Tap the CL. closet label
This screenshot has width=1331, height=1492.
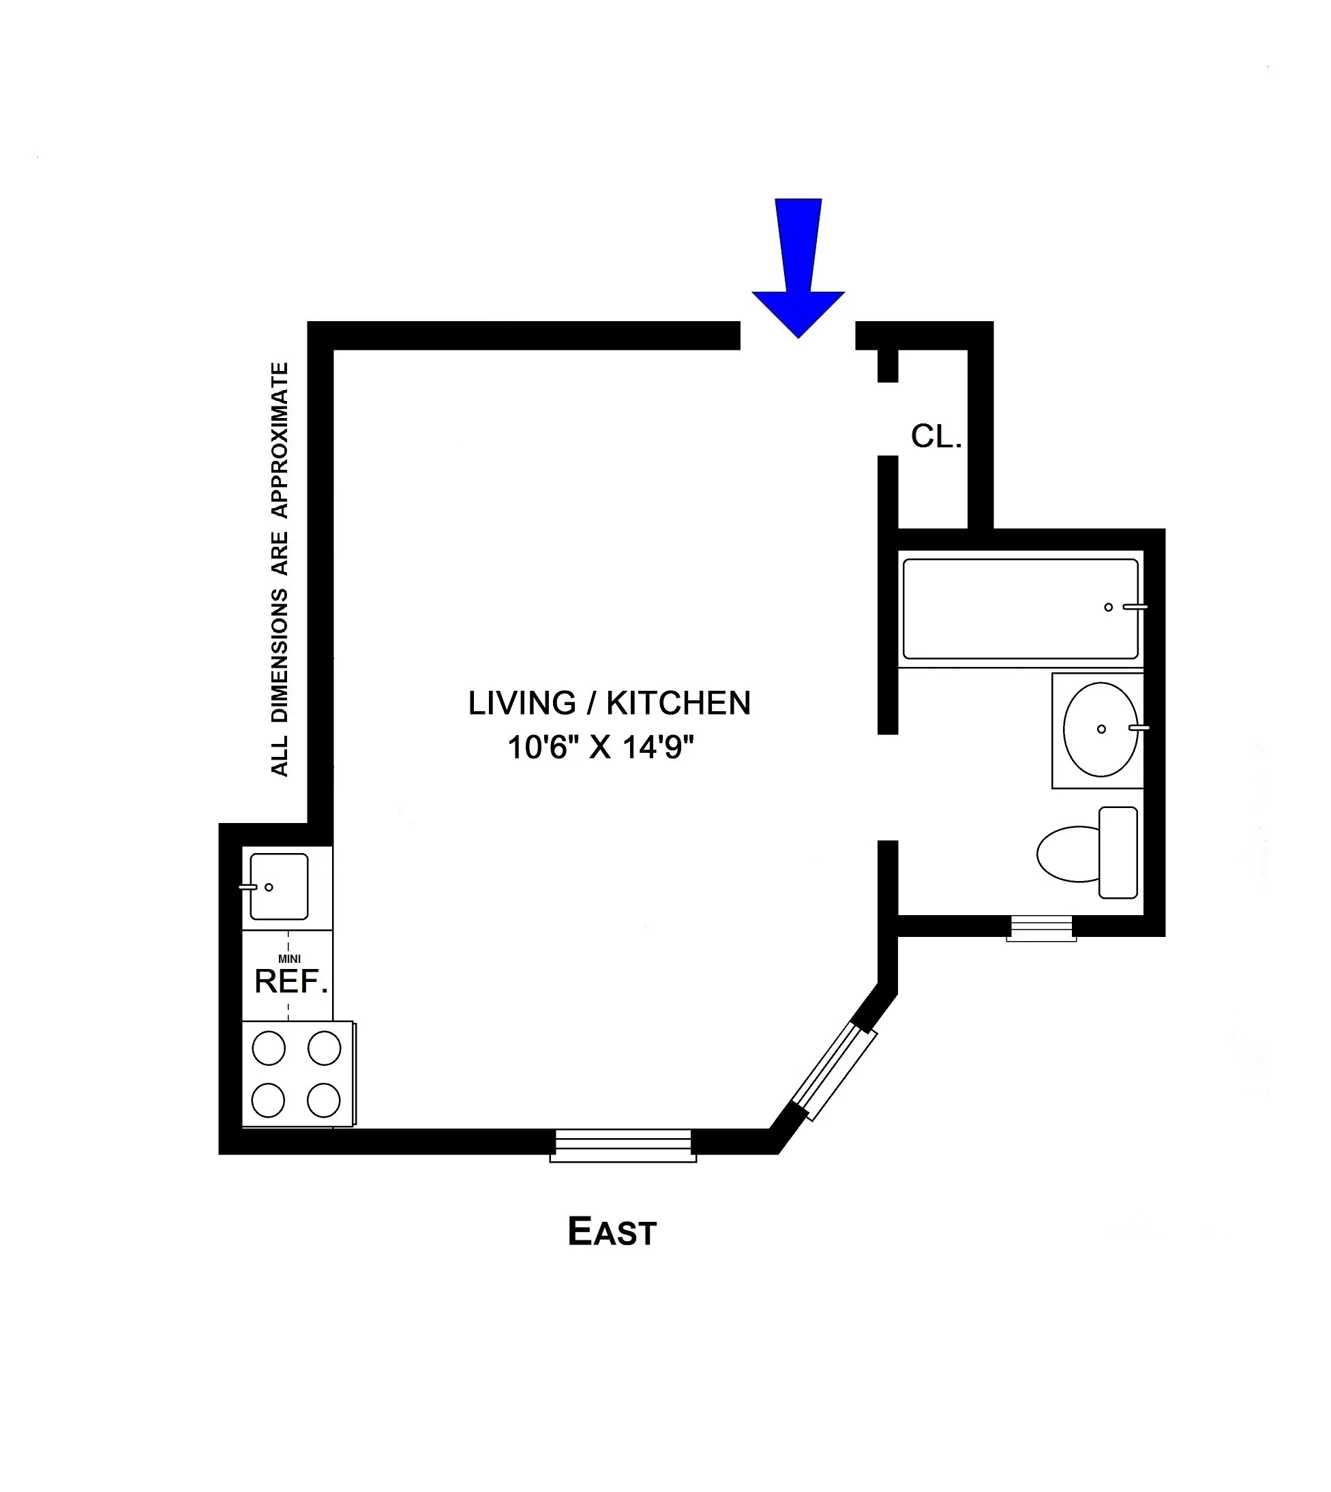click(x=936, y=436)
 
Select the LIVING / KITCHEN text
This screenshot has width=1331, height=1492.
click(x=609, y=704)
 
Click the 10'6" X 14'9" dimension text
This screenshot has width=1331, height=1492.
click(x=601, y=748)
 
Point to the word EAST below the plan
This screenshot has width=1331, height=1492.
click(x=612, y=1232)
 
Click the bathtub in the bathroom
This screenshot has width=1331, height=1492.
click(x=1020, y=609)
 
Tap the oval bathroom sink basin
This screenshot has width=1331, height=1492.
click(x=1100, y=729)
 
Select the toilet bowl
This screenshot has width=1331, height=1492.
click(x=1068, y=854)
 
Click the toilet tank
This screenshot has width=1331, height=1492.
click(x=1118, y=852)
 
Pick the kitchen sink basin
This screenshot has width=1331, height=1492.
click(x=280, y=886)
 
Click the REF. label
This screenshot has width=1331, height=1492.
click(x=290, y=982)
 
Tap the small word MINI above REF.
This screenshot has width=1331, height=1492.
click(x=290, y=959)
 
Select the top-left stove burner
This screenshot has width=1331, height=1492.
click(x=269, y=1048)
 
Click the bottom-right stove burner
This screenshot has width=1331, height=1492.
click(x=324, y=1100)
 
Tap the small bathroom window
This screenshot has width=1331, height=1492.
click(x=1041, y=929)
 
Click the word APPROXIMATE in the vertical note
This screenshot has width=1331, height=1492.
click(x=280, y=441)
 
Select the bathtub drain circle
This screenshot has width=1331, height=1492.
click(x=1109, y=607)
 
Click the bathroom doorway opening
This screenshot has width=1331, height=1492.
click(x=887, y=788)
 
